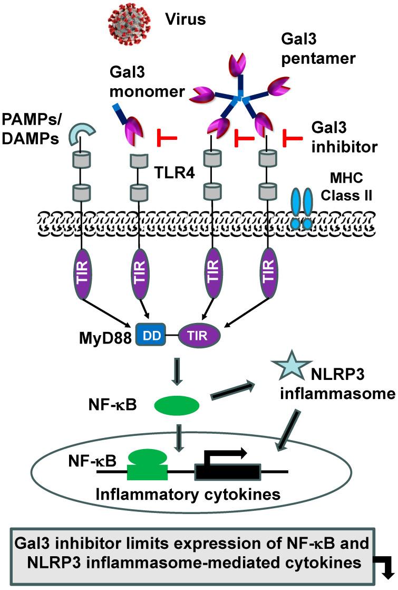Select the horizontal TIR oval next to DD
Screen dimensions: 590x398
pos(199,335)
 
